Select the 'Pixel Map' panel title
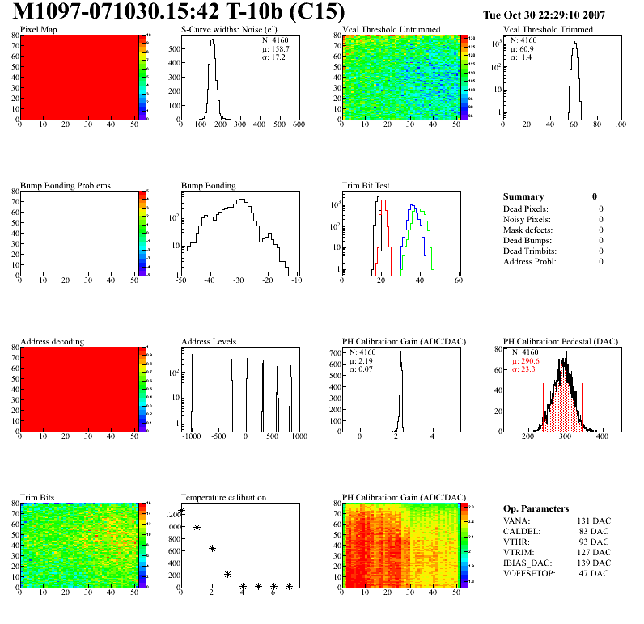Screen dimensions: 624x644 tap(38, 30)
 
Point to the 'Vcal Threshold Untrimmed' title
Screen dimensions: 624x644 tap(391, 30)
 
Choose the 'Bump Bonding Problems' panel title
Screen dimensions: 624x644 tap(66, 185)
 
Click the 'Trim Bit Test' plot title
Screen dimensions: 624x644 tap(366, 185)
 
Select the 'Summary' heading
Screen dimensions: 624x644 tap(523, 196)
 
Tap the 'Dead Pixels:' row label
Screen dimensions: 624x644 tap(525, 209)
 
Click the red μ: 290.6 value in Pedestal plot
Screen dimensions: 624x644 tap(527, 361)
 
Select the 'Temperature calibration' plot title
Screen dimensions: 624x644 tap(223, 497)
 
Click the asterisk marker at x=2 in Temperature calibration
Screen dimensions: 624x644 tap(212, 548)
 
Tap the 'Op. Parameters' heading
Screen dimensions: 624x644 tap(536, 508)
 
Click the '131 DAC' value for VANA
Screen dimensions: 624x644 tap(594, 521)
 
